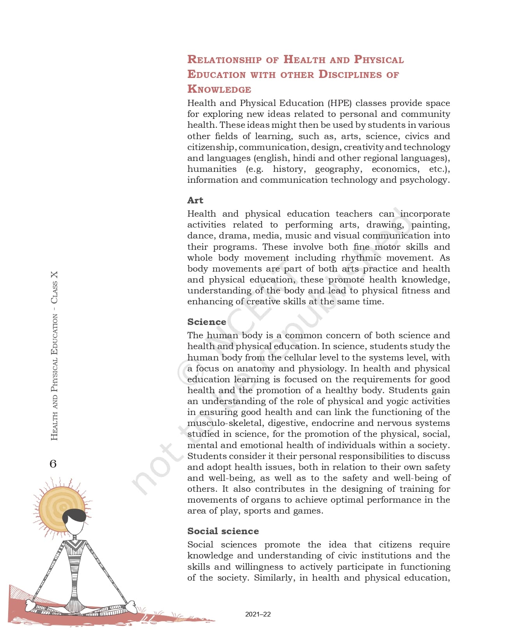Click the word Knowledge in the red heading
(x=219, y=89)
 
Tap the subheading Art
(x=195, y=200)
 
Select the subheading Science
(x=206, y=322)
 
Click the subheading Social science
(x=223, y=531)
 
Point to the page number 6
(x=53, y=464)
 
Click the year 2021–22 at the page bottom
(x=258, y=614)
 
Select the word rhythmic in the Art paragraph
(x=361, y=258)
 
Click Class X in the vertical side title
(x=54, y=287)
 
